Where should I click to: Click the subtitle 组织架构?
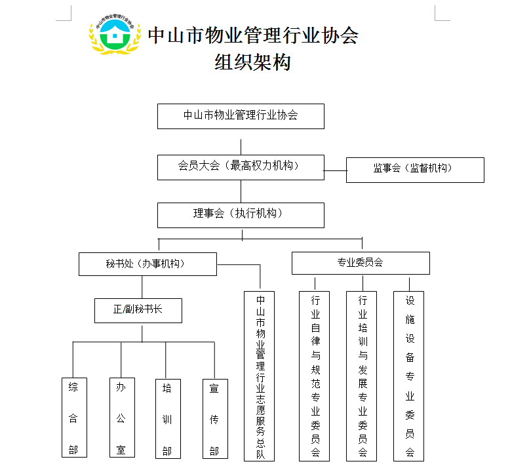click(x=252, y=62)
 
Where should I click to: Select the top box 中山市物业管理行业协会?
click(x=241, y=116)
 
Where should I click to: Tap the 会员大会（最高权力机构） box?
click(x=241, y=166)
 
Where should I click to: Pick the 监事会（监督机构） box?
click(x=414, y=170)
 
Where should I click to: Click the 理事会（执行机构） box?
click(x=241, y=214)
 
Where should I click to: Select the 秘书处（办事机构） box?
click(x=147, y=264)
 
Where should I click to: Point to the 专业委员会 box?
click(x=361, y=263)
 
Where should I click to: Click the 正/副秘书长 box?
click(x=138, y=310)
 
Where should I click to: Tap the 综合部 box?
click(x=73, y=418)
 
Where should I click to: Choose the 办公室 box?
click(x=121, y=418)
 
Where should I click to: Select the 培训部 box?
click(x=167, y=418)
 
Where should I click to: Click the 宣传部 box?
click(x=214, y=418)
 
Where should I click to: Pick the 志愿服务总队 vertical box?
click(x=260, y=376)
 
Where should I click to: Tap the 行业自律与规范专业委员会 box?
click(x=315, y=376)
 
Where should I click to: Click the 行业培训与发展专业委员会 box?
click(x=362, y=376)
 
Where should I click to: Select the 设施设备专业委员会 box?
click(x=409, y=376)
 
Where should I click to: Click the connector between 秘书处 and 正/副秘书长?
click(x=142, y=286)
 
